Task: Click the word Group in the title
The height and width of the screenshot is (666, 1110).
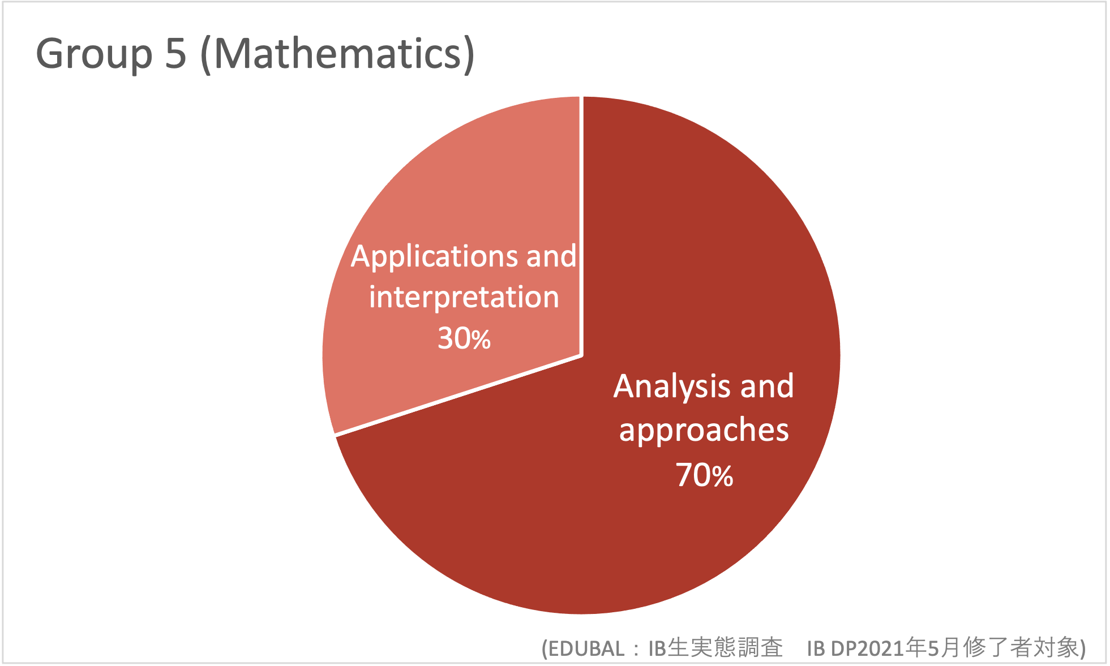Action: (94, 54)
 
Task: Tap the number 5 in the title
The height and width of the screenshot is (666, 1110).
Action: (176, 53)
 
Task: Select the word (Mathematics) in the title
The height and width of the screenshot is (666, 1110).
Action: (338, 54)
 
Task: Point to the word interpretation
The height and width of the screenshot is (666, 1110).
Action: (464, 297)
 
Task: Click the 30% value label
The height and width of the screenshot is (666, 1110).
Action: (464, 338)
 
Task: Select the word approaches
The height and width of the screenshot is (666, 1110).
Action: (704, 431)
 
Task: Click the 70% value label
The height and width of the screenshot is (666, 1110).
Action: (705, 474)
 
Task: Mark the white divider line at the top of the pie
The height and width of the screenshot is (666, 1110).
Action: (581, 226)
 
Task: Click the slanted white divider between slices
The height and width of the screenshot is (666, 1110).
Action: (458, 395)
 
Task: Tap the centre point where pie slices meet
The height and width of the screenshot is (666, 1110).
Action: (581, 356)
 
